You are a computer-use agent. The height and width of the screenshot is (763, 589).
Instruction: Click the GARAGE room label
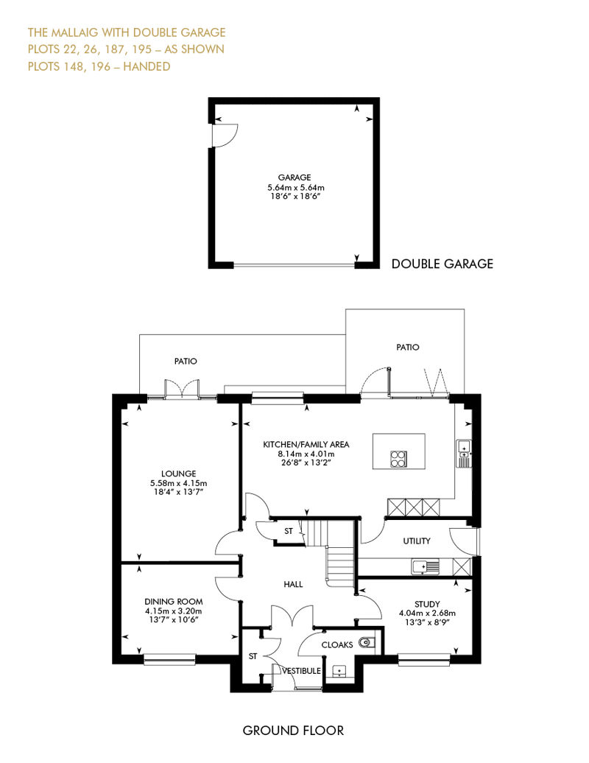point(295,177)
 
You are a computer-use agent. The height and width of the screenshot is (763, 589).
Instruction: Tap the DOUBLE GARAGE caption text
point(442,263)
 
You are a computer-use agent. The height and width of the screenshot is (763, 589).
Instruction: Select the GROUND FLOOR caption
point(293,731)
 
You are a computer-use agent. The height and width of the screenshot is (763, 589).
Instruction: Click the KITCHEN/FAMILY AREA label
point(306,445)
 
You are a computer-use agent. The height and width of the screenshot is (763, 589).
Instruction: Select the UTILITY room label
point(416,541)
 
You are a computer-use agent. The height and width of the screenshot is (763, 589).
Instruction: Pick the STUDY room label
point(427,603)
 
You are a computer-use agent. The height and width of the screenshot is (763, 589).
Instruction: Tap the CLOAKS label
point(337,645)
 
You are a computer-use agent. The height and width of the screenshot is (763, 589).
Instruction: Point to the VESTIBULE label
point(302,671)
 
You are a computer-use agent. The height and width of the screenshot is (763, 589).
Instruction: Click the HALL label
point(294,584)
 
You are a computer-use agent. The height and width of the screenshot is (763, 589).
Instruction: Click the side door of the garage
point(223,136)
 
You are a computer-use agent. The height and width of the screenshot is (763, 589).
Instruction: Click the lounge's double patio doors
point(182,390)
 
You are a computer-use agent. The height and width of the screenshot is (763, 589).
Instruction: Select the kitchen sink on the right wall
point(464,450)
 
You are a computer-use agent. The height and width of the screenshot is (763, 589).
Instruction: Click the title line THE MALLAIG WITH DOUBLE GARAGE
point(127,32)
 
